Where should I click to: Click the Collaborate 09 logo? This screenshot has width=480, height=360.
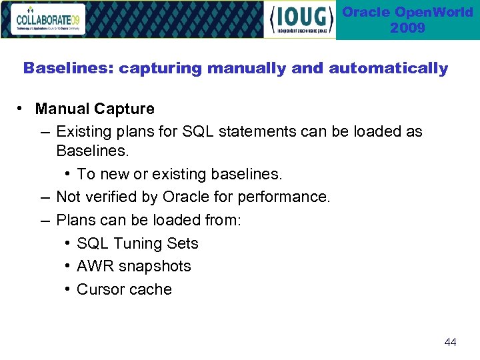tap(49, 19)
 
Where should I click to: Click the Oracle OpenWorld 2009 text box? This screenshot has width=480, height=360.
tap(407, 20)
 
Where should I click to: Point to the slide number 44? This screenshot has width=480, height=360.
tap(450, 342)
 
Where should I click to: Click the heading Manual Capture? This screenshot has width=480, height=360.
tap(95, 109)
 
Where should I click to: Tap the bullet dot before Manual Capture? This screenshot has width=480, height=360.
tap(22, 109)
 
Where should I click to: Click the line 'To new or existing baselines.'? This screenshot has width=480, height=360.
tap(179, 174)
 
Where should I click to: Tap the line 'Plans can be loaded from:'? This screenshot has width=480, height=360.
tap(149, 220)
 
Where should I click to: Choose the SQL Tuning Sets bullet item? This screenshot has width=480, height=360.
tap(137, 243)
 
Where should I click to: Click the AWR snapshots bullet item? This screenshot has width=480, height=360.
tap(133, 266)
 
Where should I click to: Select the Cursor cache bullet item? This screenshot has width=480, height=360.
tap(124, 289)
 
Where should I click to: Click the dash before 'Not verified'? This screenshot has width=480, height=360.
tap(44, 197)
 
